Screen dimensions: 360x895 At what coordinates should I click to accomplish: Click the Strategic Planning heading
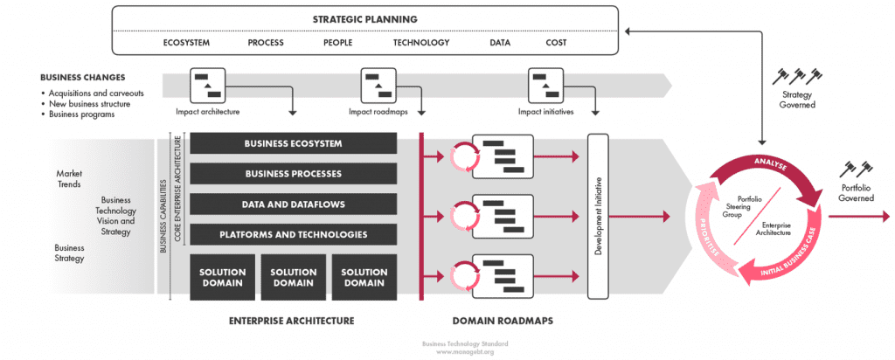(x=365, y=18)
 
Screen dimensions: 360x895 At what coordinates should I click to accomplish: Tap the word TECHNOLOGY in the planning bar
(x=421, y=42)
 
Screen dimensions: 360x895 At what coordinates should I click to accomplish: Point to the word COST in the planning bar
(x=556, y=42)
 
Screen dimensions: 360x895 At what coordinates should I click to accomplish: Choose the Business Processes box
(x=293, y=174)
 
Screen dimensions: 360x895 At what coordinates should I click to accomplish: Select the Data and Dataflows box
(x=293, y=204)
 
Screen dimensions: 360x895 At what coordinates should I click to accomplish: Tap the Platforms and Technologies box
(x=293, y=234)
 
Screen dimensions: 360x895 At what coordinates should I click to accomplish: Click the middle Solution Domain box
(x=293, y=276)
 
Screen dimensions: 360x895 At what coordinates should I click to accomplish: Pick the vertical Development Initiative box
(x=599, y=215)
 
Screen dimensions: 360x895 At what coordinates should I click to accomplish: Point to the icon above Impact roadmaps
(x=378, y=86)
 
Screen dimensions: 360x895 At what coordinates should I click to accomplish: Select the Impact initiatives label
(x=546, y=111)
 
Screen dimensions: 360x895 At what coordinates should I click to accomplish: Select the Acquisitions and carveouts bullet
(x=96, y=93)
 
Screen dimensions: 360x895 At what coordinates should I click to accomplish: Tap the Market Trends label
(x=69, y=178)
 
